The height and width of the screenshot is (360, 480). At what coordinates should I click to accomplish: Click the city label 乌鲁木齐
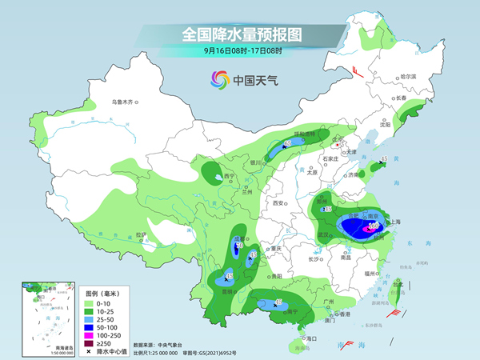(124, 103)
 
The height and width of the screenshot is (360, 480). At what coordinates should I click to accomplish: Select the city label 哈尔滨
(408, 76)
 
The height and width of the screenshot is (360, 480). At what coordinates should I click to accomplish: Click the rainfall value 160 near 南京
(373, 226)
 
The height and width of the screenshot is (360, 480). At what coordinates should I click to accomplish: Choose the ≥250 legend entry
(99, 342)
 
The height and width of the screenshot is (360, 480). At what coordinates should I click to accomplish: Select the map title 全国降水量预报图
(242, 34)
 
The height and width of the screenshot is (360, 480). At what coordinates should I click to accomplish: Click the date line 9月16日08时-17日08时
(242, 51)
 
